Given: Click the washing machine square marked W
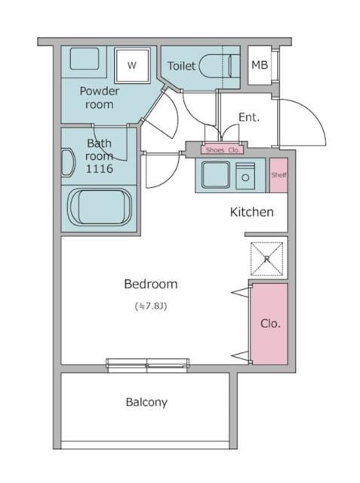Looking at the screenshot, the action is [132, 66].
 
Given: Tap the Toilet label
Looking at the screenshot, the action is [181, 66].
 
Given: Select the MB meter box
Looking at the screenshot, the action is [260, 65].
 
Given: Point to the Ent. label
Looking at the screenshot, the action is [249, 117].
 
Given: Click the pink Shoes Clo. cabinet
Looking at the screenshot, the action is [223, 150].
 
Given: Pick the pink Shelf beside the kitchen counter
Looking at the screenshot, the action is [278, 175].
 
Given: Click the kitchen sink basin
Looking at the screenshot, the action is [216, 174].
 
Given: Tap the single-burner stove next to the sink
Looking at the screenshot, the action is [245, 176].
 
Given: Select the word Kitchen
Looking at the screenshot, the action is [251, 212].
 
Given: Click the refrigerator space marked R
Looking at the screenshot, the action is [266, 259].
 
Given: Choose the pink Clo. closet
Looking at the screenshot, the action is [269, 324].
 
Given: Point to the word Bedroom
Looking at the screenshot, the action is [151, 284].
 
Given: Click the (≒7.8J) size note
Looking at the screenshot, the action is [151, 306].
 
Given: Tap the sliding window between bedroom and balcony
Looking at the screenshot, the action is [147, 365].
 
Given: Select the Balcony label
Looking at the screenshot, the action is [146, 402].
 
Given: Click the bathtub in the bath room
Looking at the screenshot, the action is [100, 207].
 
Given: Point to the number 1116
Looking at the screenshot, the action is [99, 169].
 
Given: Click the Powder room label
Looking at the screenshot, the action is [99, 97].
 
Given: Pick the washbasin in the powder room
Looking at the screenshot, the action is [84, 59].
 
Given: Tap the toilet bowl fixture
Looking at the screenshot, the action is [220, 66].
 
